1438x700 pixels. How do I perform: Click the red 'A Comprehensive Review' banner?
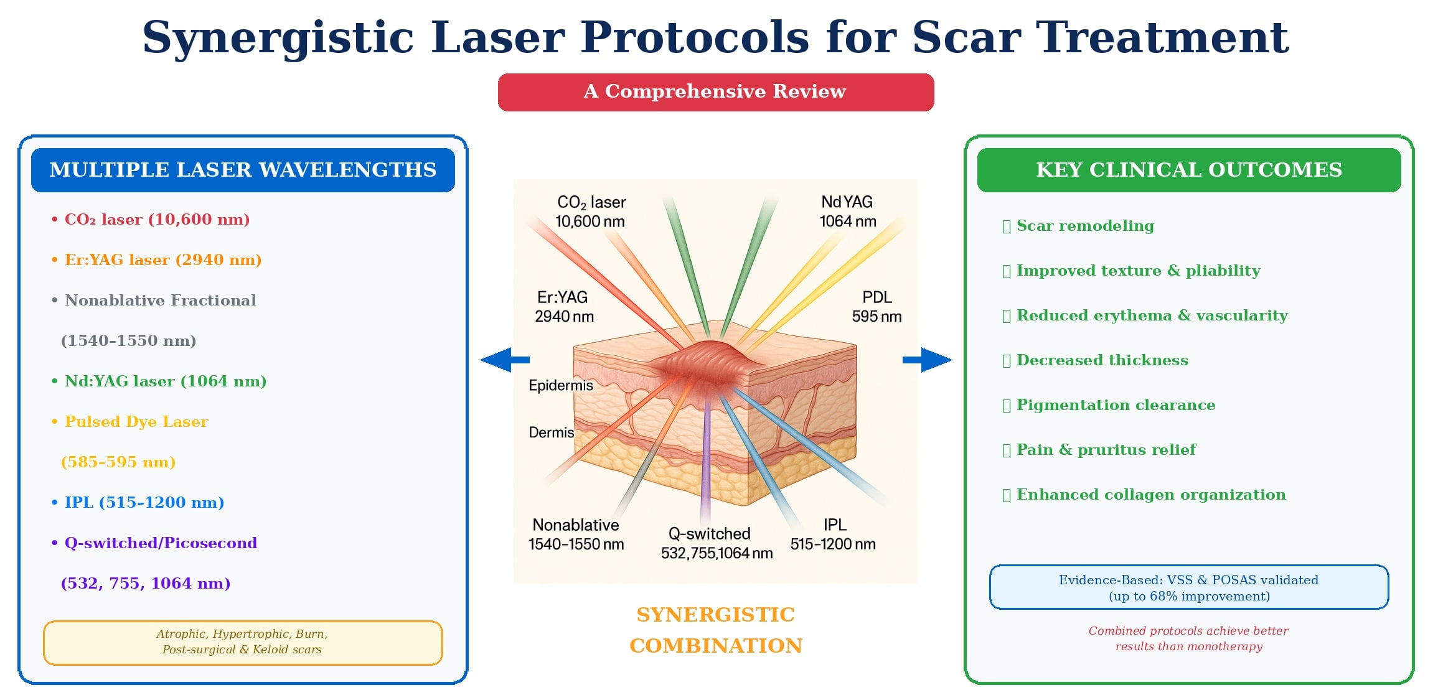(x=715, y=92)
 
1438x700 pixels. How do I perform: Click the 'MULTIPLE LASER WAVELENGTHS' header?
(x=243, y=170)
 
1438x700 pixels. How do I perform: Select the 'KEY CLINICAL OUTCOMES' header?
(x=1188, y=170)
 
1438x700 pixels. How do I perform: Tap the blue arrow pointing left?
(x=504, y=360)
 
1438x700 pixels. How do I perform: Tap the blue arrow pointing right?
(x=928, y=360)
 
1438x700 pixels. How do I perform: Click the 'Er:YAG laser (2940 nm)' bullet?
(x=162, y=260)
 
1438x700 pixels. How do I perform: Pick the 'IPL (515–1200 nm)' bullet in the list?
(x=144, y=503)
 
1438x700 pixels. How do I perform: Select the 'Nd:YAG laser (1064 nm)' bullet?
(x=165, y=381)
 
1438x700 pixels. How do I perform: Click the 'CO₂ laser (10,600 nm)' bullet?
(x=157, y=220)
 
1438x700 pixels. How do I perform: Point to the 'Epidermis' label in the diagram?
(x=560, y=386)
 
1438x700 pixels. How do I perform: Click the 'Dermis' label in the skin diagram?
(x=551, y=432)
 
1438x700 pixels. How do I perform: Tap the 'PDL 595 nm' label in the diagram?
(x=876, y=307)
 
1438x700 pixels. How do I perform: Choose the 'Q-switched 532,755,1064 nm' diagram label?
(x=716, y=543)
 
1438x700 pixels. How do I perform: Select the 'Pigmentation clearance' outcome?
(x=1115, y=405)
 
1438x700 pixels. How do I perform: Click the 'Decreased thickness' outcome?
(x=1102, y=360)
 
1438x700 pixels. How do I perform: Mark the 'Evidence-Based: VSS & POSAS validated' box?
(x=1188, y=587)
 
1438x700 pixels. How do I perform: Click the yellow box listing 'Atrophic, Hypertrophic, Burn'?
(x=242, y=642)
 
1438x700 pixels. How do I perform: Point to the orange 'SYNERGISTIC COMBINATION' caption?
(x=715, y=630)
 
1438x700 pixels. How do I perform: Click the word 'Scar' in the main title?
(x=966, y=37)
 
